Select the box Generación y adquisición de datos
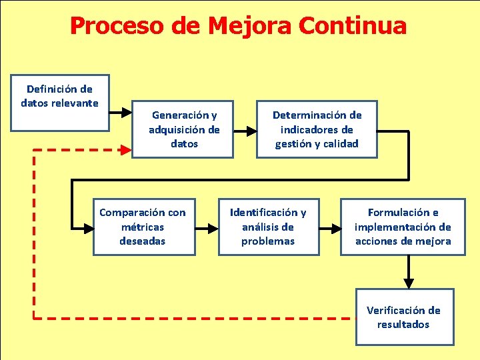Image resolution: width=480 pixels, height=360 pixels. [x=183, y=129]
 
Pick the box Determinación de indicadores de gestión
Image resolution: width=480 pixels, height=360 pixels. [x=317, y=129]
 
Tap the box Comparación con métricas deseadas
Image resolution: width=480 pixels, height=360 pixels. [x=143, y=227]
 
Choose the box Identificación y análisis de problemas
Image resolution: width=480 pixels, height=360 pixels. [x=268, y=227]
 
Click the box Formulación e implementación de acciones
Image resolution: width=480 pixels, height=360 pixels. [x=403, y=227]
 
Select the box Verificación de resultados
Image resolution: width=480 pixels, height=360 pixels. [x=404, y=317]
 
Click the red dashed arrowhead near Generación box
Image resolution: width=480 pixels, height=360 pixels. [x=126, y=150]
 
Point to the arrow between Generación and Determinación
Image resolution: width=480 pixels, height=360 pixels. [x=245, y=129]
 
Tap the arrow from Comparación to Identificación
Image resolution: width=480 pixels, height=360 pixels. [x=207, y=227]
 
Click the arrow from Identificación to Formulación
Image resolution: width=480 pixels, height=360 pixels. [x=329, y=227]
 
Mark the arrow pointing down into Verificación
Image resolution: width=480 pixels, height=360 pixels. [x=409, y=274]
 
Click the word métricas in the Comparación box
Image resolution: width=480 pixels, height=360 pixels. [x=142, y=227]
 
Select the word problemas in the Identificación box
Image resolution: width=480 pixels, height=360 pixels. [x=268, y=241]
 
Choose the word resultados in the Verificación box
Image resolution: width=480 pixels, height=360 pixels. [x=403, y=325]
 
